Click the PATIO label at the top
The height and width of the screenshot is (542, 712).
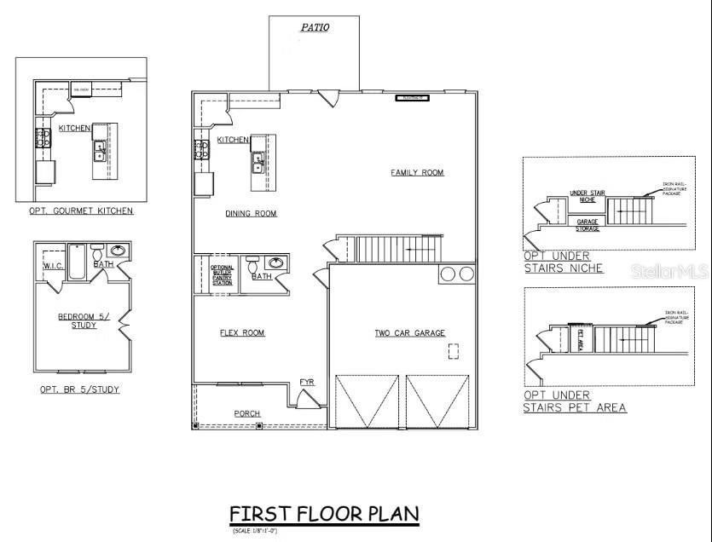point(315,27)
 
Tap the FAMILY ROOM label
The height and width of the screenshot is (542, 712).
point(417,172)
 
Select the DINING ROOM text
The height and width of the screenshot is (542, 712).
point(251,213)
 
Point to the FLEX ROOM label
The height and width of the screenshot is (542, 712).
point(242,332)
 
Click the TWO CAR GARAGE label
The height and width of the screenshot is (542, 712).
point(409,332)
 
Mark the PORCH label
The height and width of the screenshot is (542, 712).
point(247,413)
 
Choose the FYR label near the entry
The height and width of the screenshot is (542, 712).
point(307,382)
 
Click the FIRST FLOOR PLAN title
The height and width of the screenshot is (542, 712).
point(324,514)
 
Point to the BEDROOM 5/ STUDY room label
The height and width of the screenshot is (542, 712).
point(78,320)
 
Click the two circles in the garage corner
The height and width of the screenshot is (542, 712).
point(457,274)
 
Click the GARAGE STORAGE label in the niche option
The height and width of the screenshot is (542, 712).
point(587,224)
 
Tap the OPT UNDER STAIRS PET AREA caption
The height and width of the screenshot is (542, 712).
point(574,401)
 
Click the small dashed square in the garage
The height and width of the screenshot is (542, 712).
point(454,350)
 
